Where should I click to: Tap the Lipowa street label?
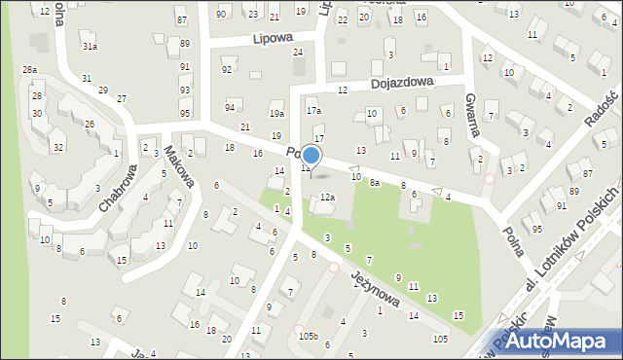tap(272, 40)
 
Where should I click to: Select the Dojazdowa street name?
tap(401, 85)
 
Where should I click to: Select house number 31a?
tap(90, 47)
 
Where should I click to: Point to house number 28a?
tap(30, 70)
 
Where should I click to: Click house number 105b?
tap(309, 336)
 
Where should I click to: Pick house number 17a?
tap(313, 111)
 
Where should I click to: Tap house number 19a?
tap(276, 115)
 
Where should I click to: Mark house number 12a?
tap(328, 198)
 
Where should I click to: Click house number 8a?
tap(374, 182)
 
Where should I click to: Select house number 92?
tap(227, 70)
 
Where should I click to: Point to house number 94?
tap(230, 107)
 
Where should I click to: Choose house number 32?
tap(58, 147)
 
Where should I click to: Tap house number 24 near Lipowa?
tap(298, 53)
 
